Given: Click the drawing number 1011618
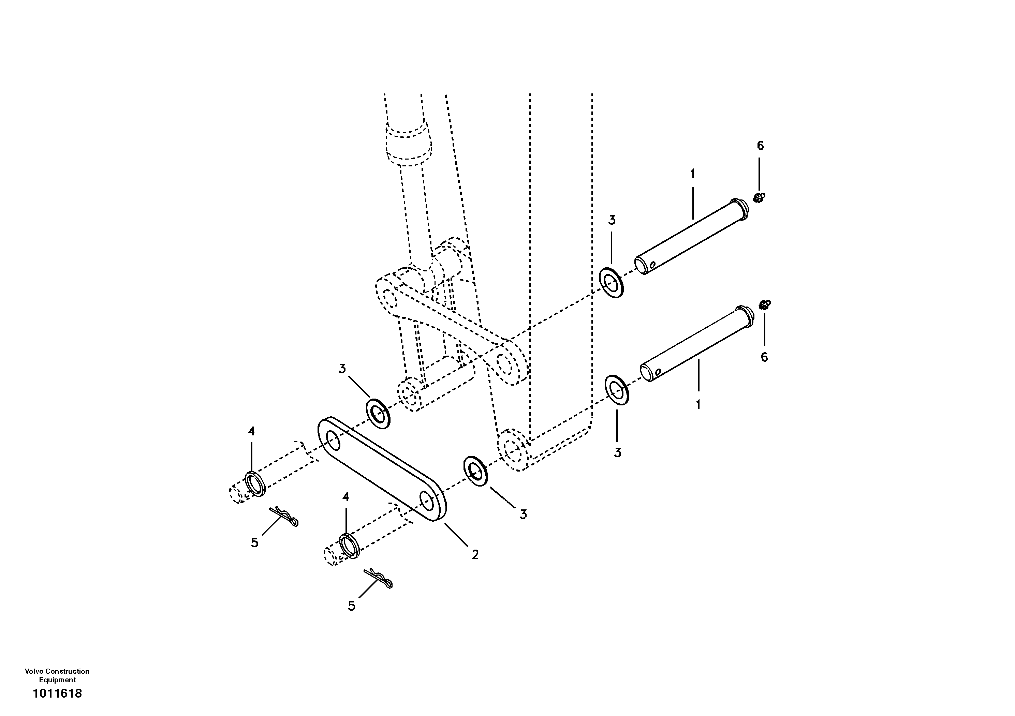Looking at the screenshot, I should (58, 693).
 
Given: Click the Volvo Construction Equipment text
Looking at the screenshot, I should (57, 675).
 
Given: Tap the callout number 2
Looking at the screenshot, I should (475, 555).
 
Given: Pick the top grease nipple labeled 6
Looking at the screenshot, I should (759, 198).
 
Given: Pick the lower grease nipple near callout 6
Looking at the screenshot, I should (764, 304).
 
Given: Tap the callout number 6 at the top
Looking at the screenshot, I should (760, 145).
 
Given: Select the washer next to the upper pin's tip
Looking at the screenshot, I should (612, 282).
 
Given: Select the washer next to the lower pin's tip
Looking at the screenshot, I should (617, 390).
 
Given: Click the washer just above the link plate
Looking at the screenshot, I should (378, 413).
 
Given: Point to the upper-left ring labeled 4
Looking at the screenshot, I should (255, 483).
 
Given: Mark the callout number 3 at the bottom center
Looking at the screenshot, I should (523, 514).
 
